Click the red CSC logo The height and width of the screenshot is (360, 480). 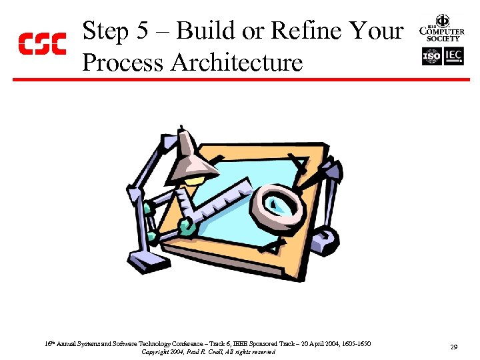(x=41, y=44)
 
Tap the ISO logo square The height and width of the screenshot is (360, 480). (x=432, y=57)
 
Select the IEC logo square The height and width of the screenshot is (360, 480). (x=453, y=57)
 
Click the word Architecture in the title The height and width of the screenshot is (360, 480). (x=237, y=63)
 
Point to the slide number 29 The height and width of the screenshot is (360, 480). (x=453, y=347)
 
